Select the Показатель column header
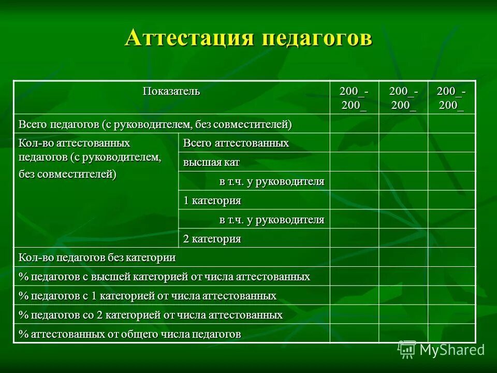point(171,92)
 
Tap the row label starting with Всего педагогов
point(155,124)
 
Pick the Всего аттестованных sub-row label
point(236,143)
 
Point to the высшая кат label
point(211,162)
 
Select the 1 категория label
point(212,200)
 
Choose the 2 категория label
point(212,239)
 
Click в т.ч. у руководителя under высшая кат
point(272,181)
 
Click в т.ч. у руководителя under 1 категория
point(272,220)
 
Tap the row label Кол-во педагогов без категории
point(97,257)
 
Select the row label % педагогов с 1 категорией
point(148,296)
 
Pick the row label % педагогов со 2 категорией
point(151,315)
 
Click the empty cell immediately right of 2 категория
point(354,238)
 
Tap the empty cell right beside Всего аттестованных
point(354,142)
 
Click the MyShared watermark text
point(452,350)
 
